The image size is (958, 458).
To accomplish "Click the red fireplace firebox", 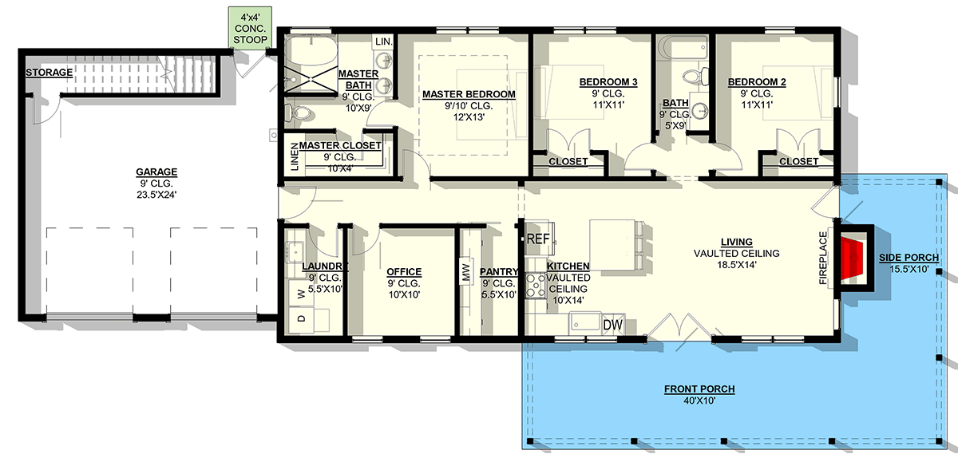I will click(853, 255).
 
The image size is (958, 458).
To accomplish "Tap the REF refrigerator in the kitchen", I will click(537, 239).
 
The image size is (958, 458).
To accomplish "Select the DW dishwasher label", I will click(612, 325).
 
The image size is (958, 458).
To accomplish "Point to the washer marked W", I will click(301, 294).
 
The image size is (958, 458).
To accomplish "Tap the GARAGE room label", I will click(156, 172).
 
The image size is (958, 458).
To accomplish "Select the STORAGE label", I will click(49, 73).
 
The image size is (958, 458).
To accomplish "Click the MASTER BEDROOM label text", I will click(469, 94).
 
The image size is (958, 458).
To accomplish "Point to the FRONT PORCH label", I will click(699, 389).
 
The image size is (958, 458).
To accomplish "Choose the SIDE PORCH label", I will click(909, 257).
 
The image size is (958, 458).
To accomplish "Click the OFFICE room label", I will click(403, 271).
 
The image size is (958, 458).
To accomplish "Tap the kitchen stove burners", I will click(535, 285).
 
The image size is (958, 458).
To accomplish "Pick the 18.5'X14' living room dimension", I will click(736, 266).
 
